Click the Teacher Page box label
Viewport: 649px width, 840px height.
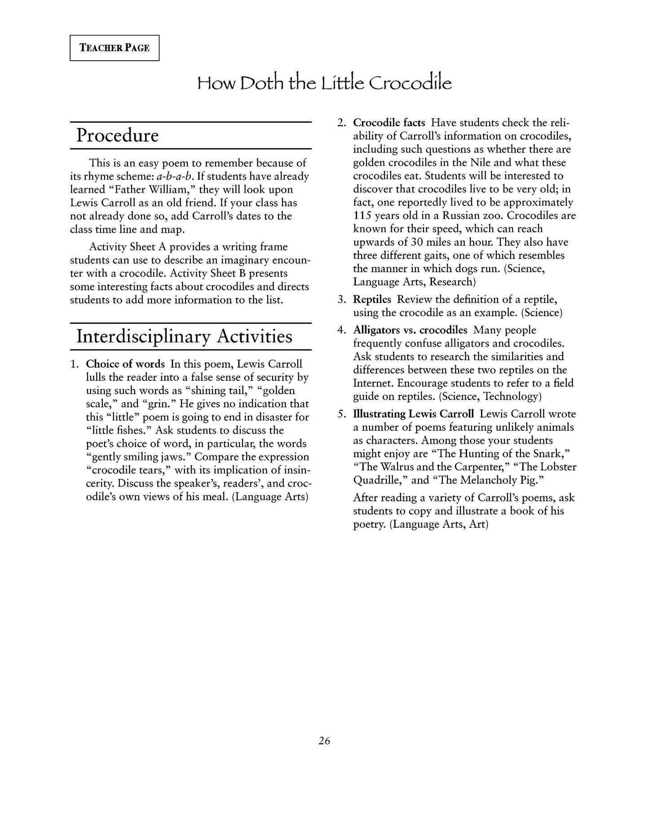[x=115, y=48]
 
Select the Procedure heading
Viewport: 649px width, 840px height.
[x=117, y=135]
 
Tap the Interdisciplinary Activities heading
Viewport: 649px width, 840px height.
[x=184, y=336]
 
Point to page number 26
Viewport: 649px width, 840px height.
[x=324, y=741]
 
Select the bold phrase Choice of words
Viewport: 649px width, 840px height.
[x=125, y=364]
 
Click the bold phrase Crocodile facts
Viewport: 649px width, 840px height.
[x=389, y=123]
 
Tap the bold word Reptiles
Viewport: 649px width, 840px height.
[x=372, y=299]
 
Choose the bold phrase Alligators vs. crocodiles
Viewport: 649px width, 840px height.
[x=410, y=330]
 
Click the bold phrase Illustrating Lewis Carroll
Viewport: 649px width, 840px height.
[x=413, y=414]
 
